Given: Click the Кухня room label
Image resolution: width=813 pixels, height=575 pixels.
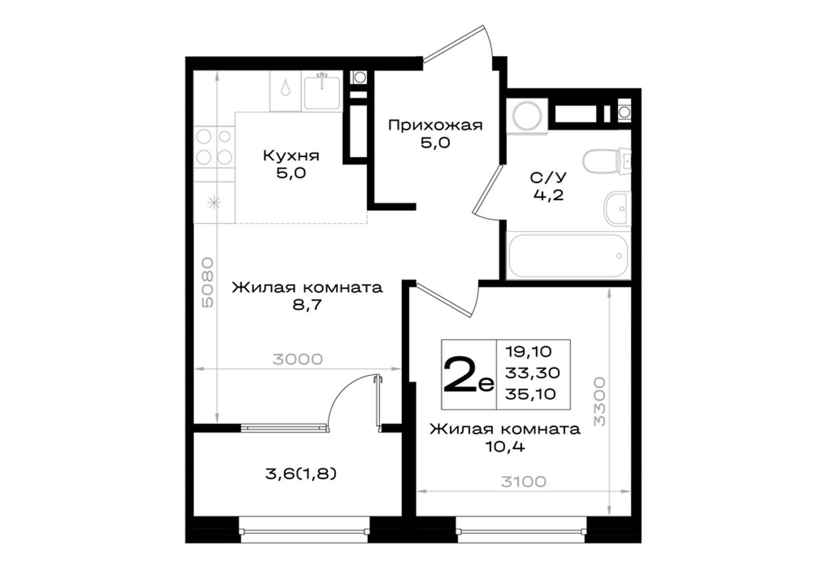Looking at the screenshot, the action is (x=291, y=156).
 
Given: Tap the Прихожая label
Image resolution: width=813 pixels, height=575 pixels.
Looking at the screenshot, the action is (x=436, y=125).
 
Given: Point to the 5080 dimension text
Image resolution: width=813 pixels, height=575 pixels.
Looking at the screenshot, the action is (x=208, y=283).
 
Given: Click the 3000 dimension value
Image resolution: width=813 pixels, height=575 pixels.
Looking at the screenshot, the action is (x=298, y=360).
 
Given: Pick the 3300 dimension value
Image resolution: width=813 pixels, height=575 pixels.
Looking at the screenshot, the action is (x=600, y=402).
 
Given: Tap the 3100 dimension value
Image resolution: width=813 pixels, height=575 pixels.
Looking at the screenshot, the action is (x=524, y=482).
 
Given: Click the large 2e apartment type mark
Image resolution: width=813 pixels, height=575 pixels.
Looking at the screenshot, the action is (x=469, y=374).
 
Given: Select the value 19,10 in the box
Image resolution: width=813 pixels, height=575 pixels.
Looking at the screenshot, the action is (x=528, y=351).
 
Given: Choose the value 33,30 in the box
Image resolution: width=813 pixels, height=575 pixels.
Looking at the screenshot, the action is (x=532, y=373).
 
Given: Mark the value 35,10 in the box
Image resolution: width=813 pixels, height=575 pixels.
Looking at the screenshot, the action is (x=530, y=394).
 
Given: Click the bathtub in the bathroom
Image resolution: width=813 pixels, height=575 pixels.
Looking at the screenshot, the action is (x=568, y=256).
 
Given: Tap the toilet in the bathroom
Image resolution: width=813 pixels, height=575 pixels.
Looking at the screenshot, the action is (x=607, y=161).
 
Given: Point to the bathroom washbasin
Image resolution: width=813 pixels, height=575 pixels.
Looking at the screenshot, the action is (x=617, y=209).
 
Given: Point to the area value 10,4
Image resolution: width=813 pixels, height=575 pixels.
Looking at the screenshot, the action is (x=505, y=447).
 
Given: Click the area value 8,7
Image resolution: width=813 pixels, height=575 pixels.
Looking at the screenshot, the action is (x=307, y=304).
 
